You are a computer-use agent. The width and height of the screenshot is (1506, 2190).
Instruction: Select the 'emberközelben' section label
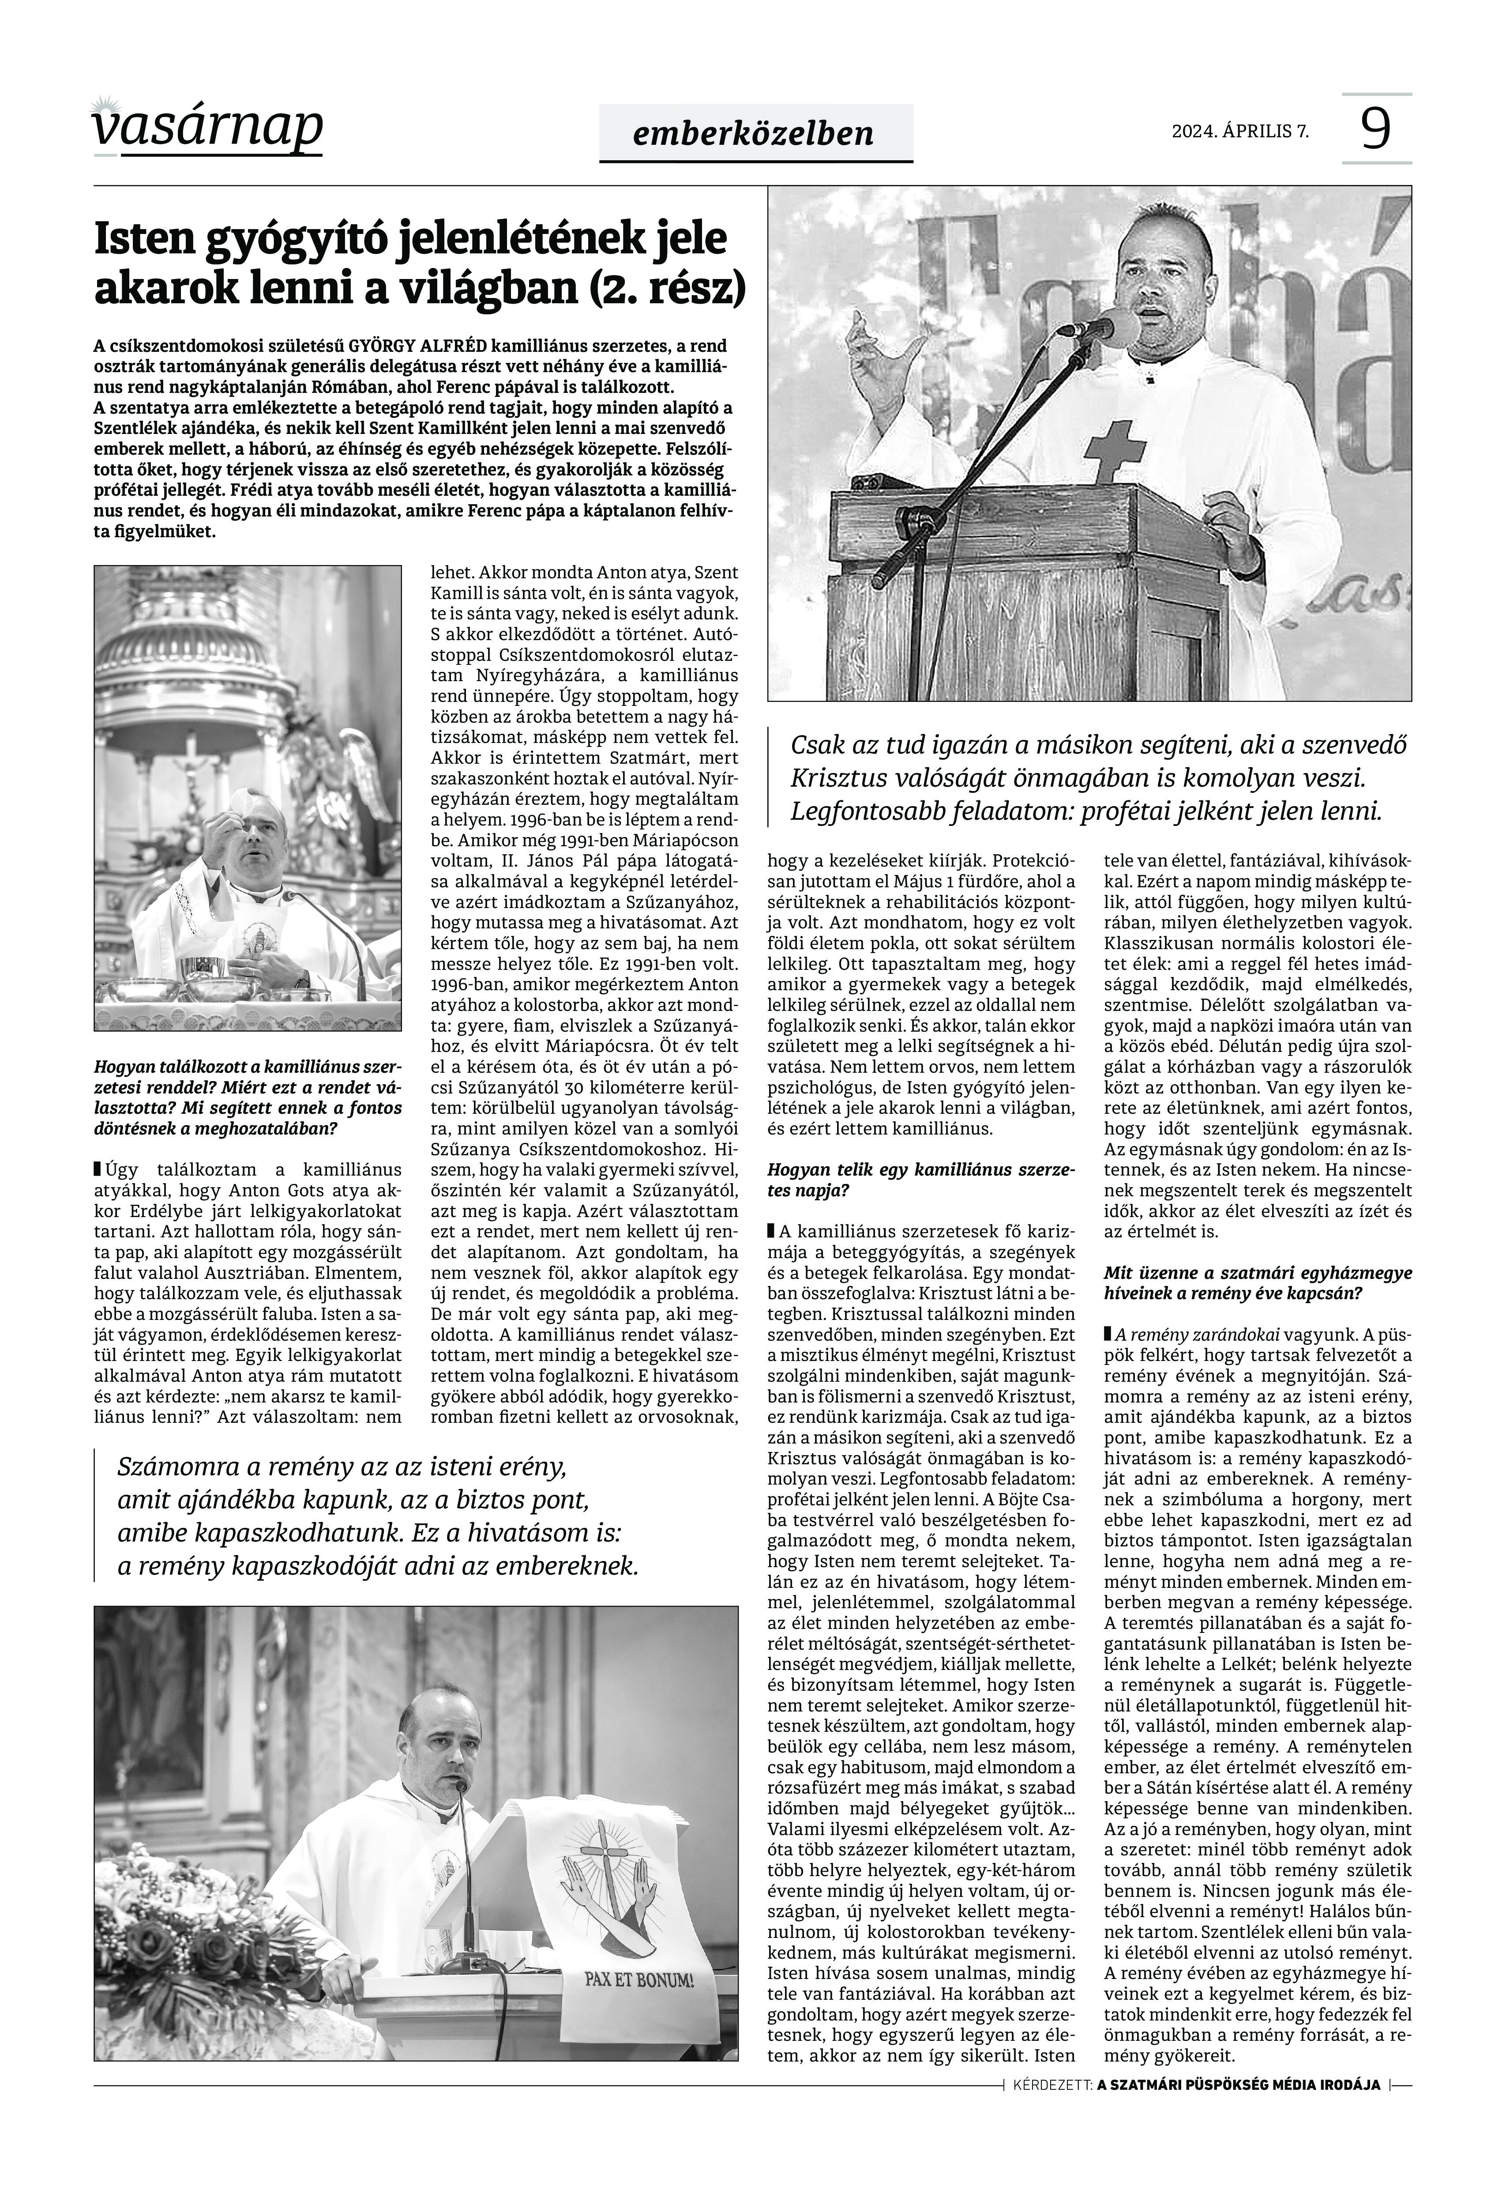[755, 133]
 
